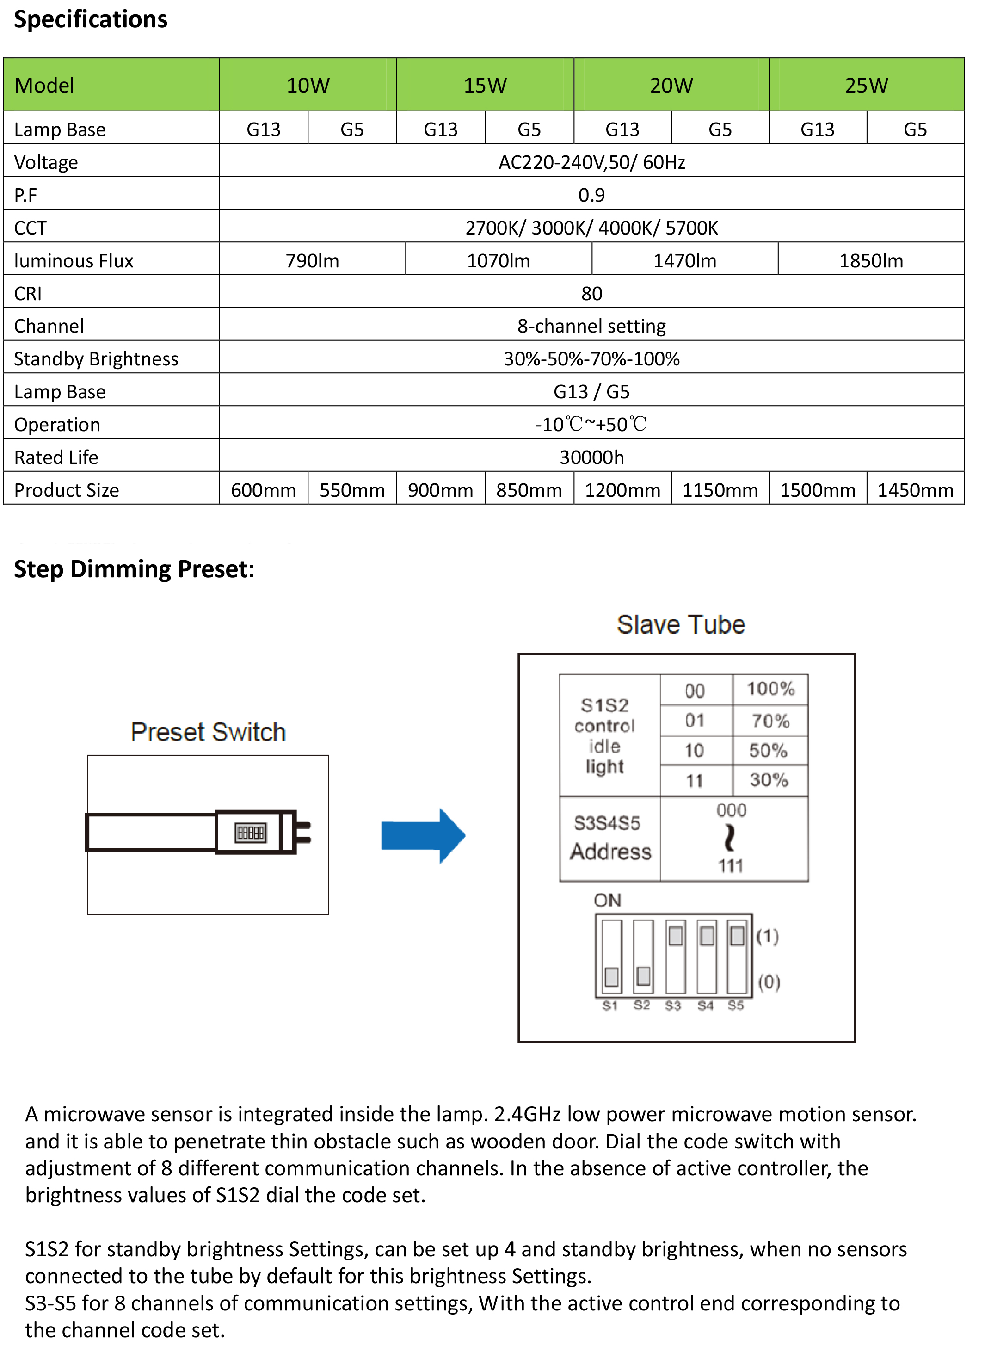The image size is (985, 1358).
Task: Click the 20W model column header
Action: [x=671, y=86]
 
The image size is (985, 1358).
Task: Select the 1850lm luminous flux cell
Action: [x=871, y=260]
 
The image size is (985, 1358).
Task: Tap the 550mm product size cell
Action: [x=351, y=490]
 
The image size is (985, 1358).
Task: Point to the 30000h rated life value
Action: [x=591, y=457]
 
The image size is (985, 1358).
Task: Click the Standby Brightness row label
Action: [x=96, y=358]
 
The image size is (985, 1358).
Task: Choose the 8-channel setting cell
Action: [x=591, y=326]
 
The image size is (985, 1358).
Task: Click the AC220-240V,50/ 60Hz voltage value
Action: [x=591, y=162]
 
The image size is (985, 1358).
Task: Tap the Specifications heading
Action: [x=91, y=19]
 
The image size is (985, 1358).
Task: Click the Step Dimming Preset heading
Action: [x=134, y=569]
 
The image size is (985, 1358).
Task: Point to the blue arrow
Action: [x=423, y=836]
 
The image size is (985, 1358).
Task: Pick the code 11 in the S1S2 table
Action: [x=695, y=781]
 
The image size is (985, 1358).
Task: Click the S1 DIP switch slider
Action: [x=611, y=976]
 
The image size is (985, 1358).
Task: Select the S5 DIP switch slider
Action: [x=737, y=936]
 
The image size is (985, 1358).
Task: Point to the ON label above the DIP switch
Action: [x=607, y=901]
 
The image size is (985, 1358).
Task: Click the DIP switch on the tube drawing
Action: [x=250, y=832]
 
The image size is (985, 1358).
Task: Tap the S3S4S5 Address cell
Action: [x=609, y=838]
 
